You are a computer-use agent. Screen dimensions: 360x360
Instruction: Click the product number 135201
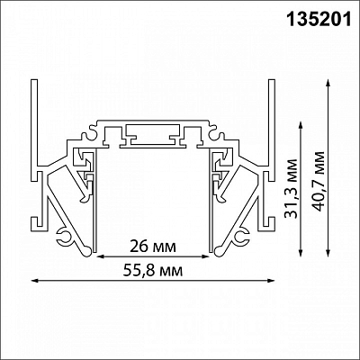click(319, 20)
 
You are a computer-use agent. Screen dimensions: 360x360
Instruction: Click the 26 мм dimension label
click(153, 247)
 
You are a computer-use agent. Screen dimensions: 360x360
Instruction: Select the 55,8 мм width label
click(153, 271)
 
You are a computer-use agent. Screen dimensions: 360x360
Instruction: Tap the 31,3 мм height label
click(291, 188)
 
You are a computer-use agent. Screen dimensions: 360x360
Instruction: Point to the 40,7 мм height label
click(318, 181)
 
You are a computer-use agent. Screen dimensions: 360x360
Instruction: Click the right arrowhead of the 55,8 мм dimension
click(271, 281)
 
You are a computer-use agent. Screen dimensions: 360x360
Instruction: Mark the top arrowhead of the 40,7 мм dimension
click(328, 84)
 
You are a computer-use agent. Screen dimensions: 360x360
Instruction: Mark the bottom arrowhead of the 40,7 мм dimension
click(328, 253)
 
